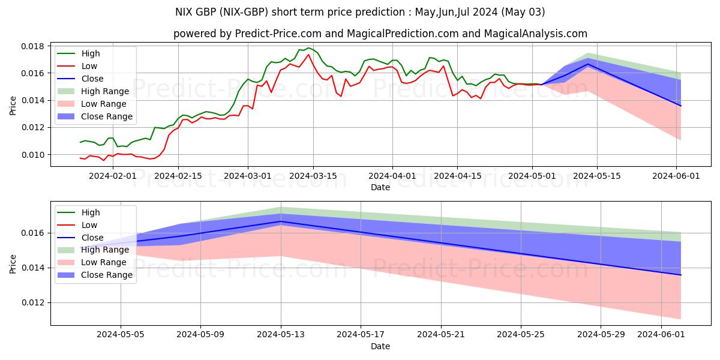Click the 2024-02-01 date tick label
pos(113,176)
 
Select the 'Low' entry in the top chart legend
pos(89,66)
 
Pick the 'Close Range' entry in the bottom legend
pos(107,275)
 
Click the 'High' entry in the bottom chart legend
pos(90,212)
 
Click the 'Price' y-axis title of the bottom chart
pos(14,263)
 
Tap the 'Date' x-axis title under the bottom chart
pos(380,346)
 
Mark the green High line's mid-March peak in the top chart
pos(308,48)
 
